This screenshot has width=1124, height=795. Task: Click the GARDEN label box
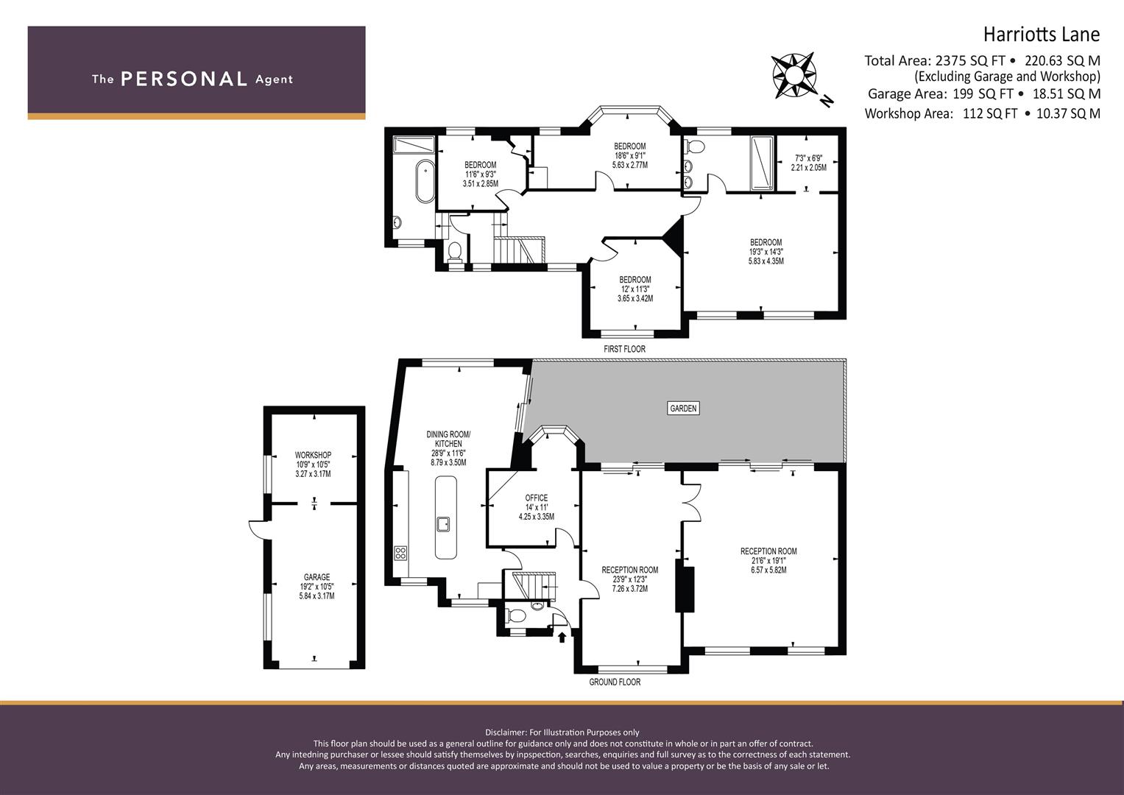coord(683,408)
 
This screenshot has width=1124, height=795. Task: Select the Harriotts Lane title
coord(1042,35)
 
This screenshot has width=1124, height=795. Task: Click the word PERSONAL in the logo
coord(184,79)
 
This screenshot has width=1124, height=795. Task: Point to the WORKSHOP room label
coord(313,455)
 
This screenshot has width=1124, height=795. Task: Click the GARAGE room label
coord(317,577)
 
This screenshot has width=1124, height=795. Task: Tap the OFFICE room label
coord(537,498)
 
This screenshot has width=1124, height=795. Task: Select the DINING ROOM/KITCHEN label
coord(448,439)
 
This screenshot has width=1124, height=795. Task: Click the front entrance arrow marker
coord(562,637)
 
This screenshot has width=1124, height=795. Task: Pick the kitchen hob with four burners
coord(400,553)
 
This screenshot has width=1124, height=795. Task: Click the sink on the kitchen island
coord(442,524)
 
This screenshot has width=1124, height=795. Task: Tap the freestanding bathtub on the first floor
coord(425,181)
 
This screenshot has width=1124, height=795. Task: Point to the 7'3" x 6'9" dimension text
coord(808,158)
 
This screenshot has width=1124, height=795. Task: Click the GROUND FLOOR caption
coord(615,682)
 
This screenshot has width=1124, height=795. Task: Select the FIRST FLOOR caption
coord(624,349)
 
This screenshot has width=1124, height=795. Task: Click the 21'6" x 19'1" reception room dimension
coord(768,561)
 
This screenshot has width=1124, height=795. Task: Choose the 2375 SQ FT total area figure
coord(970,60)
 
